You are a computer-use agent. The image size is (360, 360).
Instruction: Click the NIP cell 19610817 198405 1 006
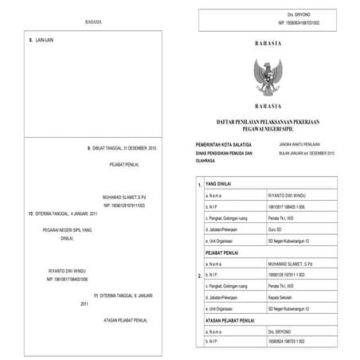coord(288,205)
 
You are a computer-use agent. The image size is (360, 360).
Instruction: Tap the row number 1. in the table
coord(198,186)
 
